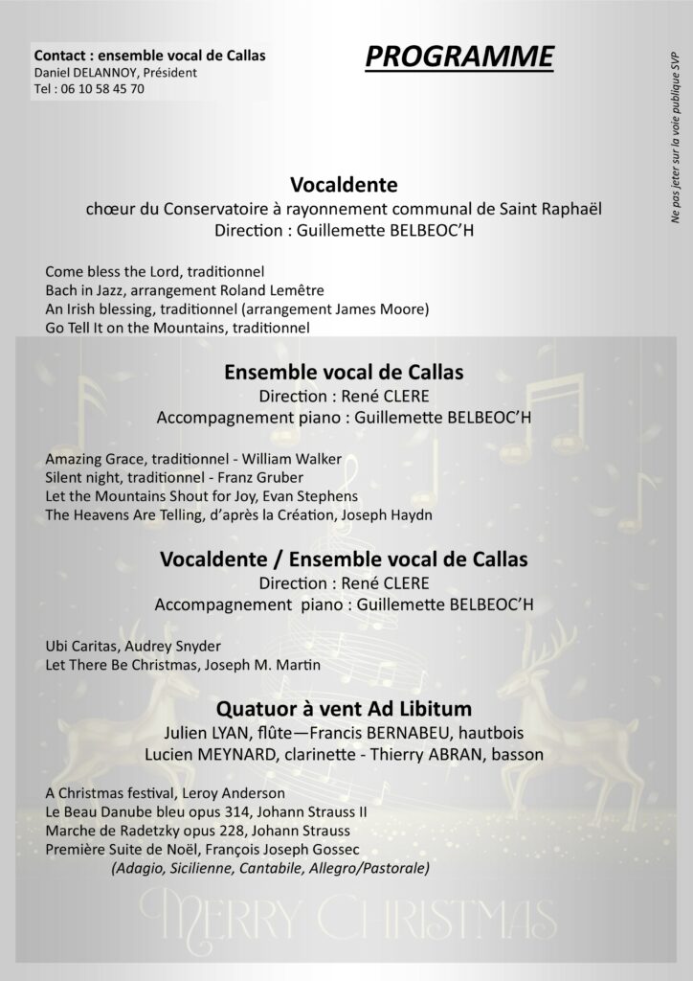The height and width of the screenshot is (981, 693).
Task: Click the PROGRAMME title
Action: pos(458,58)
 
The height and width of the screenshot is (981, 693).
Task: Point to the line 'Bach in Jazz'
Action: pos(78,290)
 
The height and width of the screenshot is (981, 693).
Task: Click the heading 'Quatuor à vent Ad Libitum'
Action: pos(345,710)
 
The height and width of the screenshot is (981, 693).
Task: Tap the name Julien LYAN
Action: pos(214,734)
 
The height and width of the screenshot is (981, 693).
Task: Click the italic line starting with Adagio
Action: pos(269,868)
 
